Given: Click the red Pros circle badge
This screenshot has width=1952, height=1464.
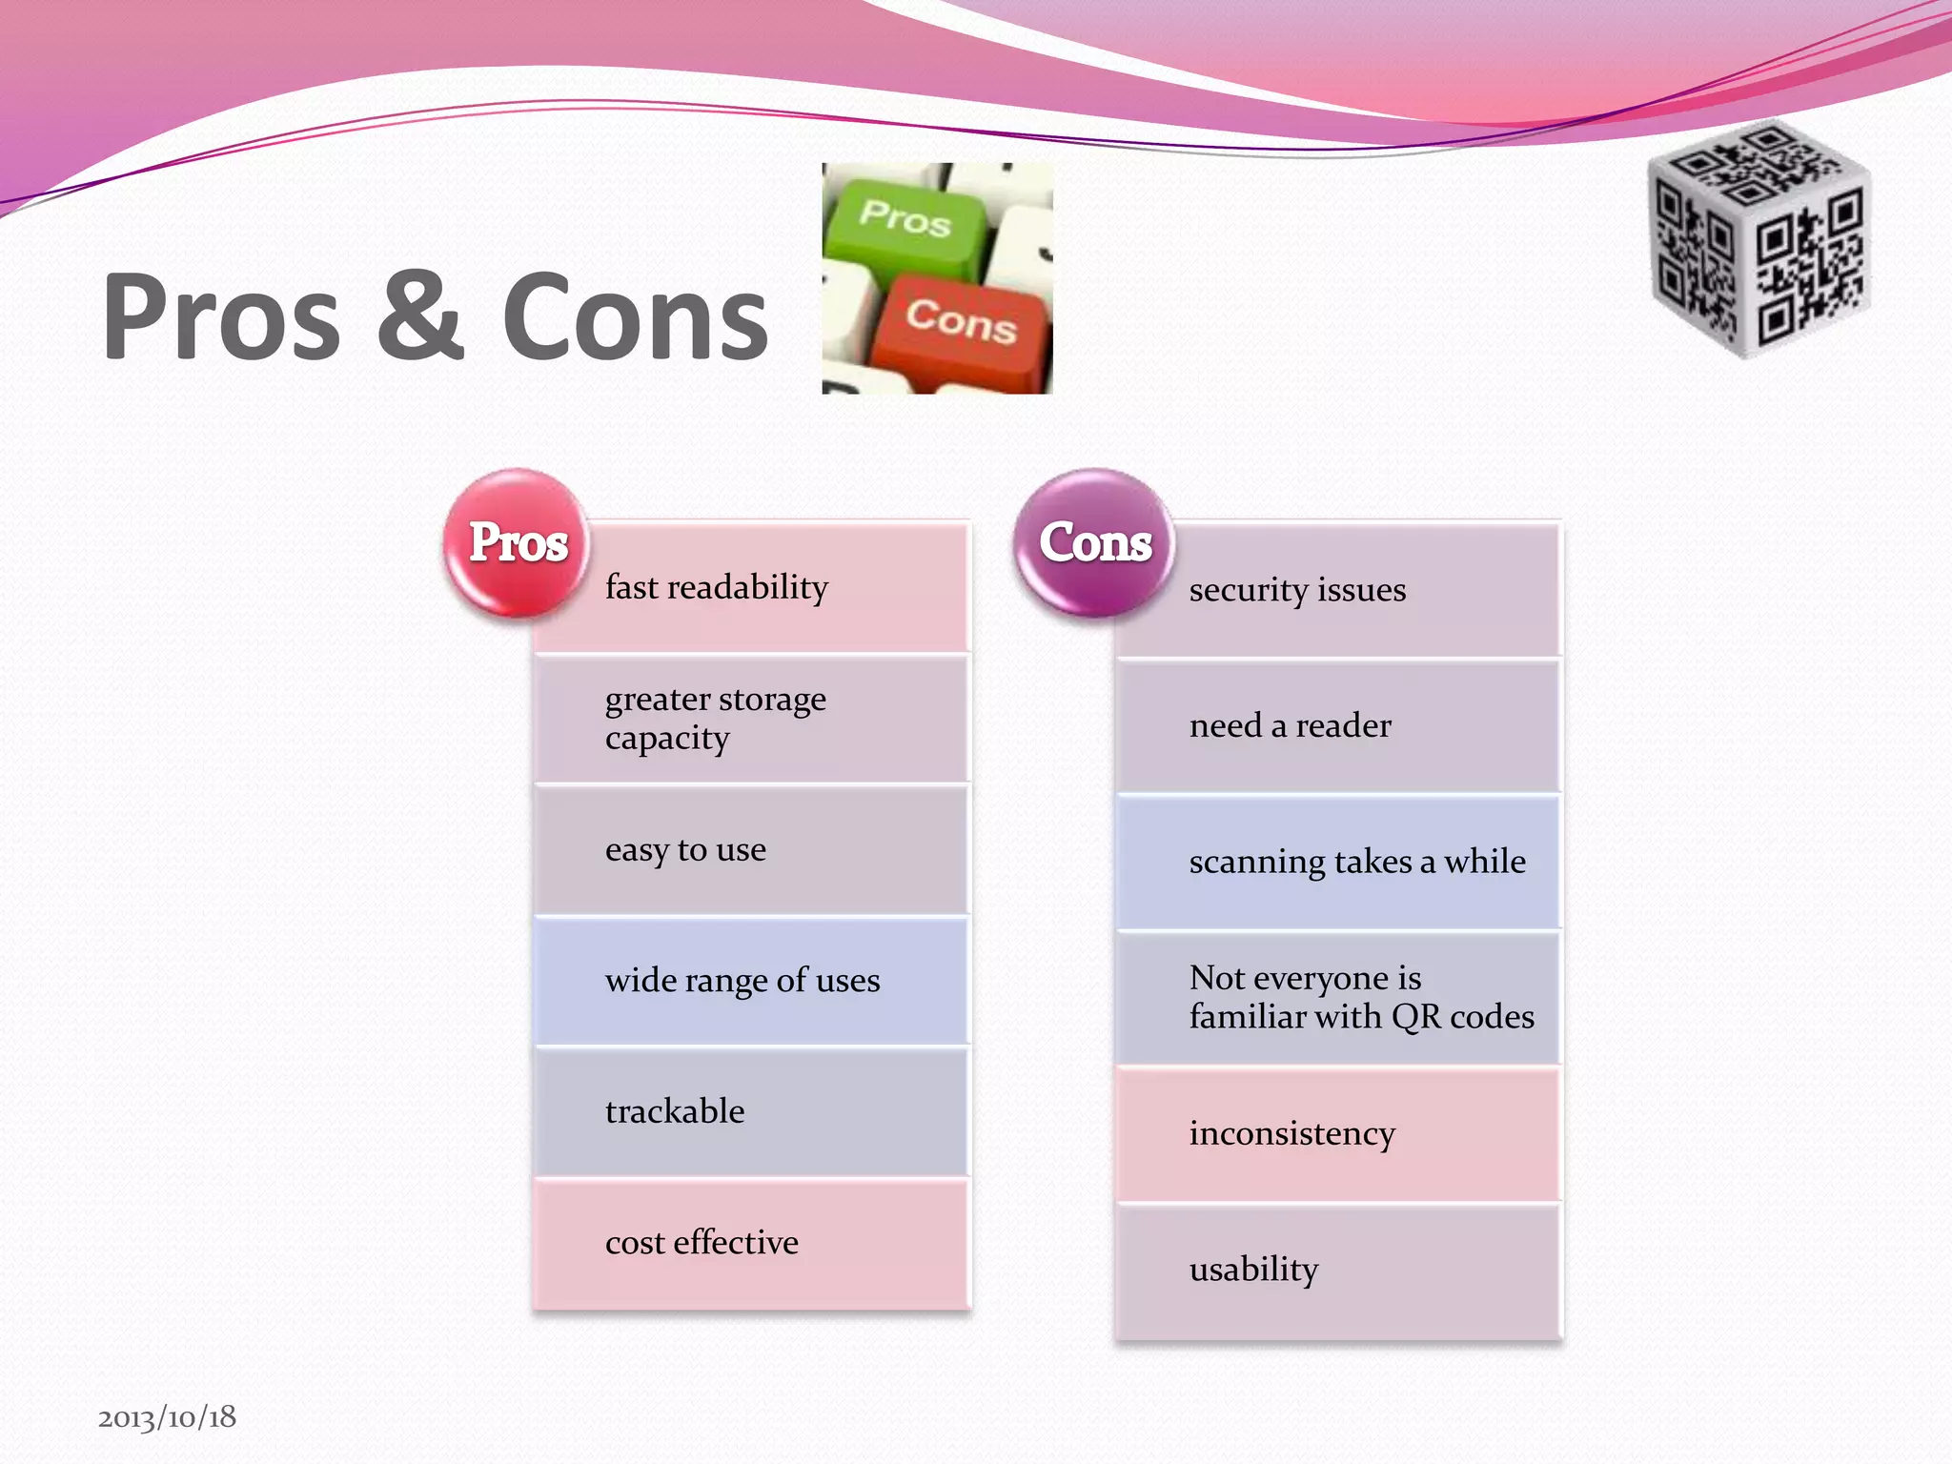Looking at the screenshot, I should click(x=518, y=542).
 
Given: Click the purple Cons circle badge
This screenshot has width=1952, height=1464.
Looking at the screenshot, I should click(x=1094, y=542).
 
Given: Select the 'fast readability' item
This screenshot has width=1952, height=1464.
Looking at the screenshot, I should click(x=717, y=587).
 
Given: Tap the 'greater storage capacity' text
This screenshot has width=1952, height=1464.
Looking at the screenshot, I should click(x=715, y=718).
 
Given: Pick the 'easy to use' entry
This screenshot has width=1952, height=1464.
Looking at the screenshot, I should click(x=685, y=849).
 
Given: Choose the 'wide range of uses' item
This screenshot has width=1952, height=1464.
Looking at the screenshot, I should click(x=742, y=980).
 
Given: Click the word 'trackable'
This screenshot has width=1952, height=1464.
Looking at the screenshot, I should click(x=675, y=1111).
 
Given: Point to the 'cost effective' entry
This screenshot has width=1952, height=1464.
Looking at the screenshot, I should click(x=701, y=1243).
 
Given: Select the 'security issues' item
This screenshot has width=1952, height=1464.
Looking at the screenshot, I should click(x=1297, y=590).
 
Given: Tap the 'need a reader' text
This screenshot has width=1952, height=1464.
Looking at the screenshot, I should click(x=1290, y=726).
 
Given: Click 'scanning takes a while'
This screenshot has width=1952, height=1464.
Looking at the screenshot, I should click(x=1357, y=862).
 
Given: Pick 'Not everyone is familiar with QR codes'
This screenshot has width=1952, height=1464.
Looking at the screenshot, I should click(x=1361, y=997).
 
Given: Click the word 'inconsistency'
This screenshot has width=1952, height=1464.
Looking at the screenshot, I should click(x=1291, y=1133).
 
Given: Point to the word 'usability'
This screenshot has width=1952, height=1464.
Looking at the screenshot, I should click(x=1253, y=1270).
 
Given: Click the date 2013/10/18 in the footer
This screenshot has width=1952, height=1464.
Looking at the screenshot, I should click(x=167, y=1417).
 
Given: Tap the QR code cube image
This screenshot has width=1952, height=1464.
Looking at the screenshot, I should click(x=1759, y=238).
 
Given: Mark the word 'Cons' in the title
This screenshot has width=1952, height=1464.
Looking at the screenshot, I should click(x=635, y=316).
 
